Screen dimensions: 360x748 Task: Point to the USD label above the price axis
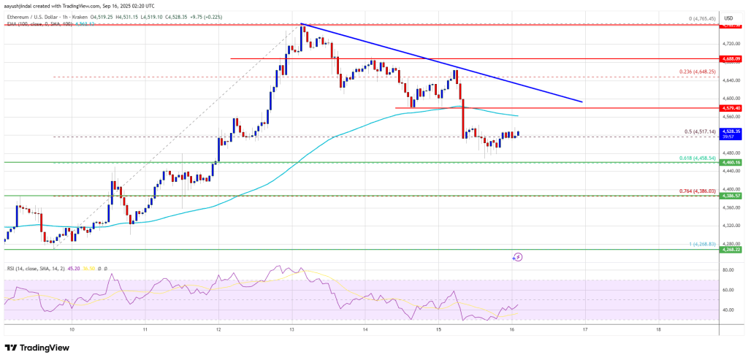(x=728, y=18)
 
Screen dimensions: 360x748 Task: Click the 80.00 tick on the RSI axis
(x=727, y=270)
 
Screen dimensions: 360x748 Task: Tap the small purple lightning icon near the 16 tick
(x=517, y=257)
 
